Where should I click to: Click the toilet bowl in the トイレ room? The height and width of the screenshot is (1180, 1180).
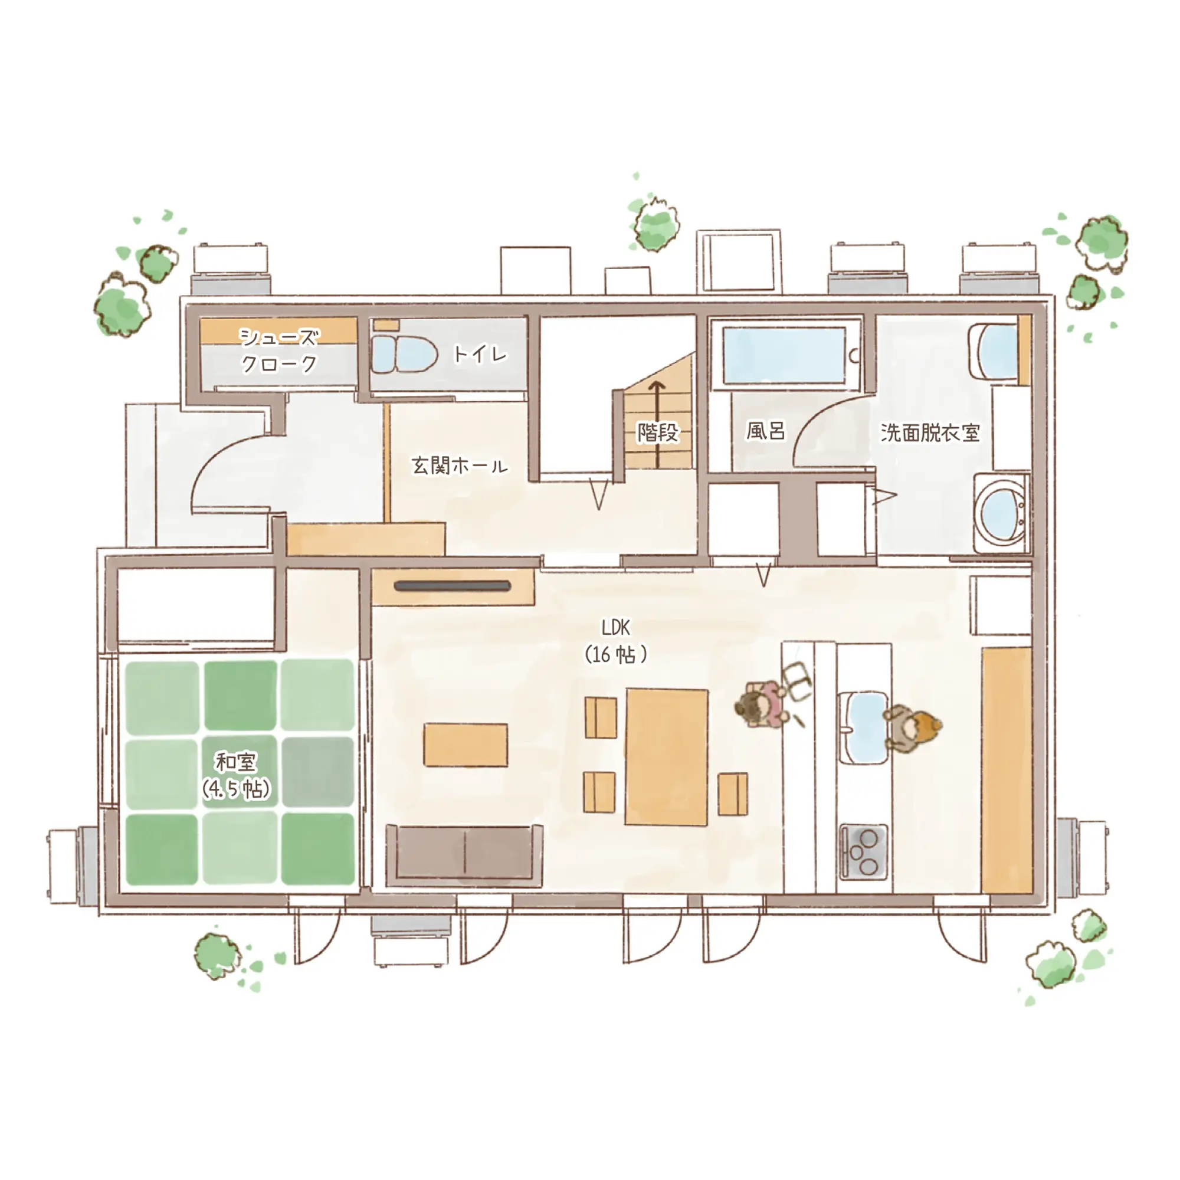point(404,353)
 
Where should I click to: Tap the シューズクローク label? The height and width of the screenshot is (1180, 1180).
point(279,350)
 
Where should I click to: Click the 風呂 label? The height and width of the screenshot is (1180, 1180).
point(765,431)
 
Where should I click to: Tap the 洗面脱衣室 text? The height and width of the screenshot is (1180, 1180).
point(930,432)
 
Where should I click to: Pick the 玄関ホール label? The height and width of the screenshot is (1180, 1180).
point(459,466)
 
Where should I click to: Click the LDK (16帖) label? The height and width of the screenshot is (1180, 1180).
point(615,641)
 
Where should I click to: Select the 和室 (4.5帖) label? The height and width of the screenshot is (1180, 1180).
point(237,776)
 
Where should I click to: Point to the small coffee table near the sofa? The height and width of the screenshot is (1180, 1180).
point(466,745)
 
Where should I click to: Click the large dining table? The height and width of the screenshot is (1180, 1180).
point(667,758)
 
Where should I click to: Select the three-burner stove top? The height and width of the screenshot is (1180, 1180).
point(864,851)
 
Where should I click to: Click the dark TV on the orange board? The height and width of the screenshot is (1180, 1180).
point(453,587)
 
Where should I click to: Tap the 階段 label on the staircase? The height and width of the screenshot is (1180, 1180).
point(658,432)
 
